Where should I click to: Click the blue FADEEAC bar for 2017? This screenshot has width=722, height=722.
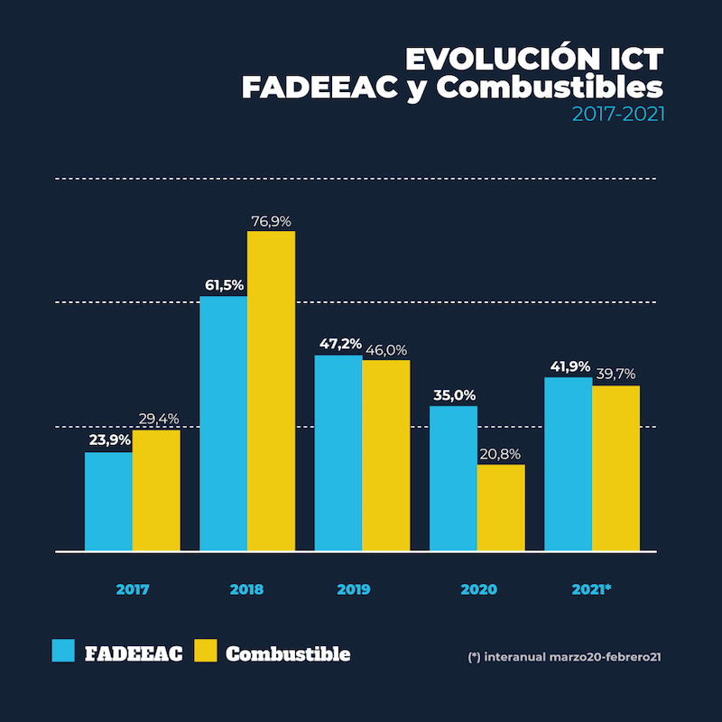[x=108, y=501]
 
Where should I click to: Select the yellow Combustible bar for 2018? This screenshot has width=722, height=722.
[x=271, y=391]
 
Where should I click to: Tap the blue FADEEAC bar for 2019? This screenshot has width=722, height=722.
[x=338, y=452]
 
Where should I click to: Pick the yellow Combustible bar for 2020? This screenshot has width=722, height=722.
[x=501, y=507]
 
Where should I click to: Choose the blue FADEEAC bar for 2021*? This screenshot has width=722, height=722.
[x=568, y=464]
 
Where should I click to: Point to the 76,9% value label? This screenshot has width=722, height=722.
[x=272, y=220]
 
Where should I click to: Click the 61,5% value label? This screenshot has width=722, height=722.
[x=224, y=285]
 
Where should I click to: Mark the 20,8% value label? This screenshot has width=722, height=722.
[x=501, y=454]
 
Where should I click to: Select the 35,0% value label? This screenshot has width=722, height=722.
[x=453, y=395]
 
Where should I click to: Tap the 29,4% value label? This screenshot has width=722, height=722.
[x=158, y=419]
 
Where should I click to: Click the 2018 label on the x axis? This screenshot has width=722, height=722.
[x=246, y=589]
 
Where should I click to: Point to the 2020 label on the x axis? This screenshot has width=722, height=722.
[x=478, y=589]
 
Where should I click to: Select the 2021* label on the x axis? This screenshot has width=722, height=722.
[x=592, y=589]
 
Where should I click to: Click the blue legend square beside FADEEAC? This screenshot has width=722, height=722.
[x=63, y=652]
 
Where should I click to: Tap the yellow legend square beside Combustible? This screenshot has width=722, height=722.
[x=206, y=652]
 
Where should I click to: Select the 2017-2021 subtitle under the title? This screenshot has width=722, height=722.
[x=618, y=115]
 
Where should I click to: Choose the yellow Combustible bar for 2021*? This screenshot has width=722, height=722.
[x=616, y=467]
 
